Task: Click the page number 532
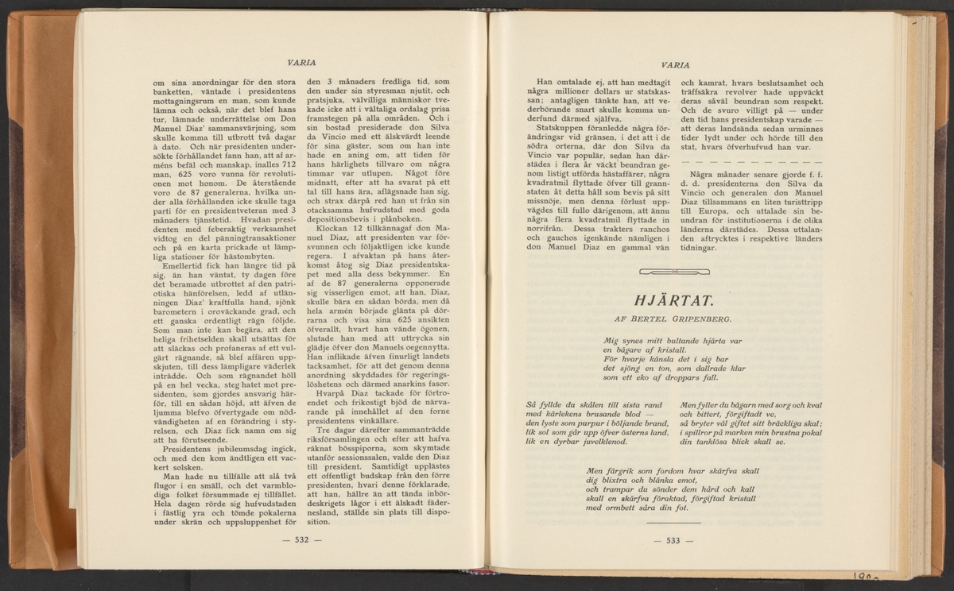point(301,541)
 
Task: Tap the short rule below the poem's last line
point(673,523)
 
